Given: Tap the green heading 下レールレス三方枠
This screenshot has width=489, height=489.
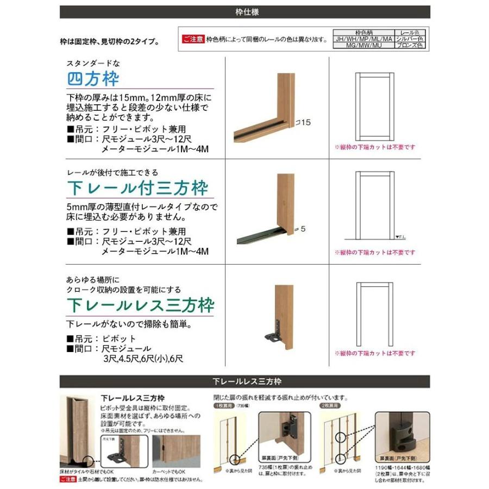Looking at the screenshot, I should coord(141,305).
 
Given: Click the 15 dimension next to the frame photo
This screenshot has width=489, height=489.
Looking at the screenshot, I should coord(305,123).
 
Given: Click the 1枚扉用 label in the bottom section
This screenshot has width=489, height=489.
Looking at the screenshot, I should coord(224,405).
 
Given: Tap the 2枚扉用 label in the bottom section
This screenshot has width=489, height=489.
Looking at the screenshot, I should coord(331,405).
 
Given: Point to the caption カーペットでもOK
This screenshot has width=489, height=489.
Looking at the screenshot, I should coord(171,472).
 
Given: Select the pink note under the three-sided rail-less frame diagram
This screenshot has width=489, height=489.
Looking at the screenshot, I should coord(375,353).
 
